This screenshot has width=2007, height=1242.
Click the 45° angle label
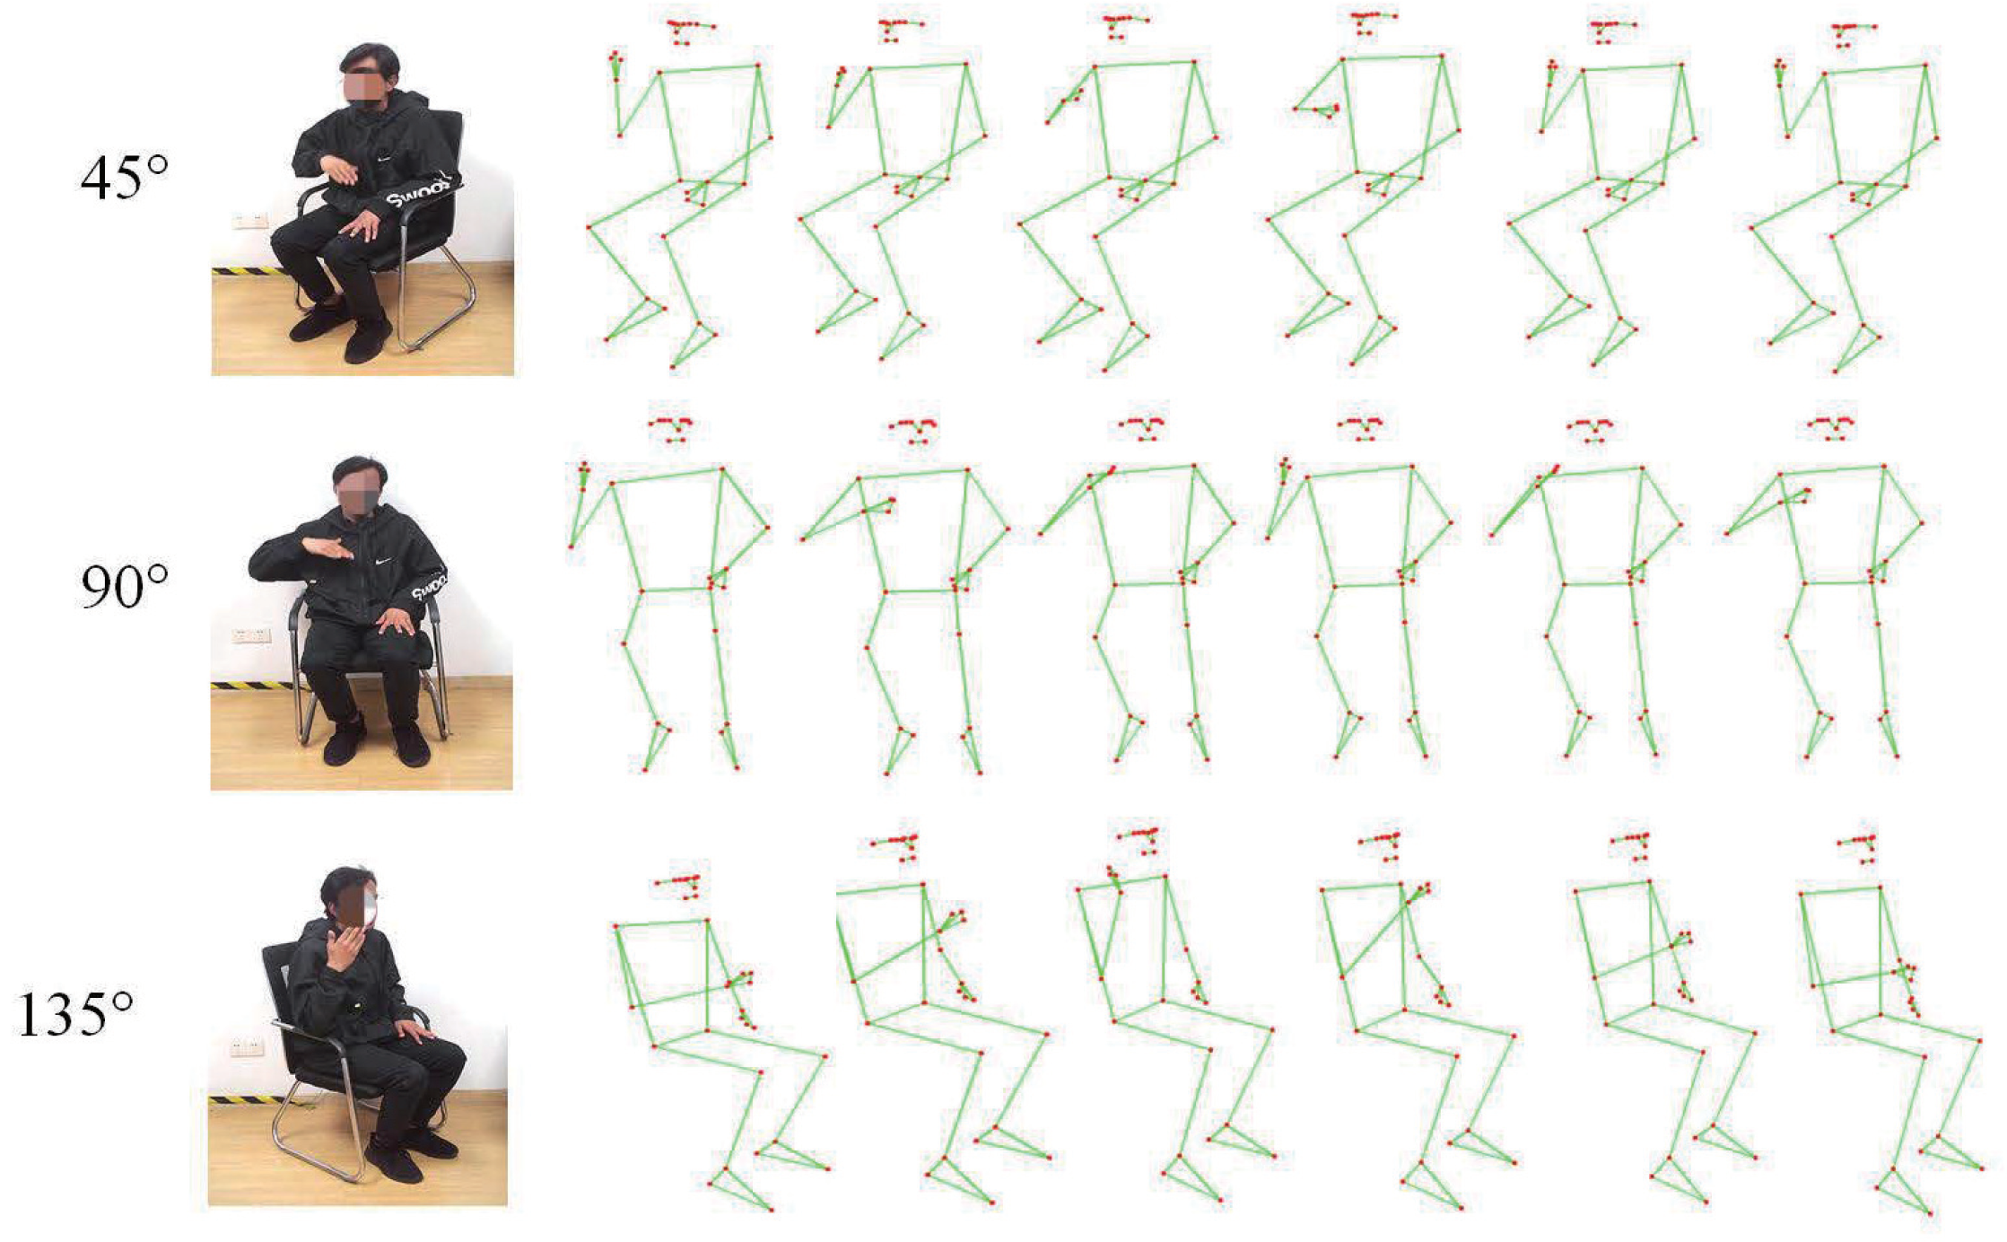point(124,177)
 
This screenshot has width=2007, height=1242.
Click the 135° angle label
point(75,1015)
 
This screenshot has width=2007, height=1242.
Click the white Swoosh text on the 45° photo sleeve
point(418,193)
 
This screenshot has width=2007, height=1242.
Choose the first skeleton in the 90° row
point(668,592)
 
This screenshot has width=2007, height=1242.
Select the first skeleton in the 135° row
point(718,1041)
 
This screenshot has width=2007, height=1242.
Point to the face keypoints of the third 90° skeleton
point(1141,427)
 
